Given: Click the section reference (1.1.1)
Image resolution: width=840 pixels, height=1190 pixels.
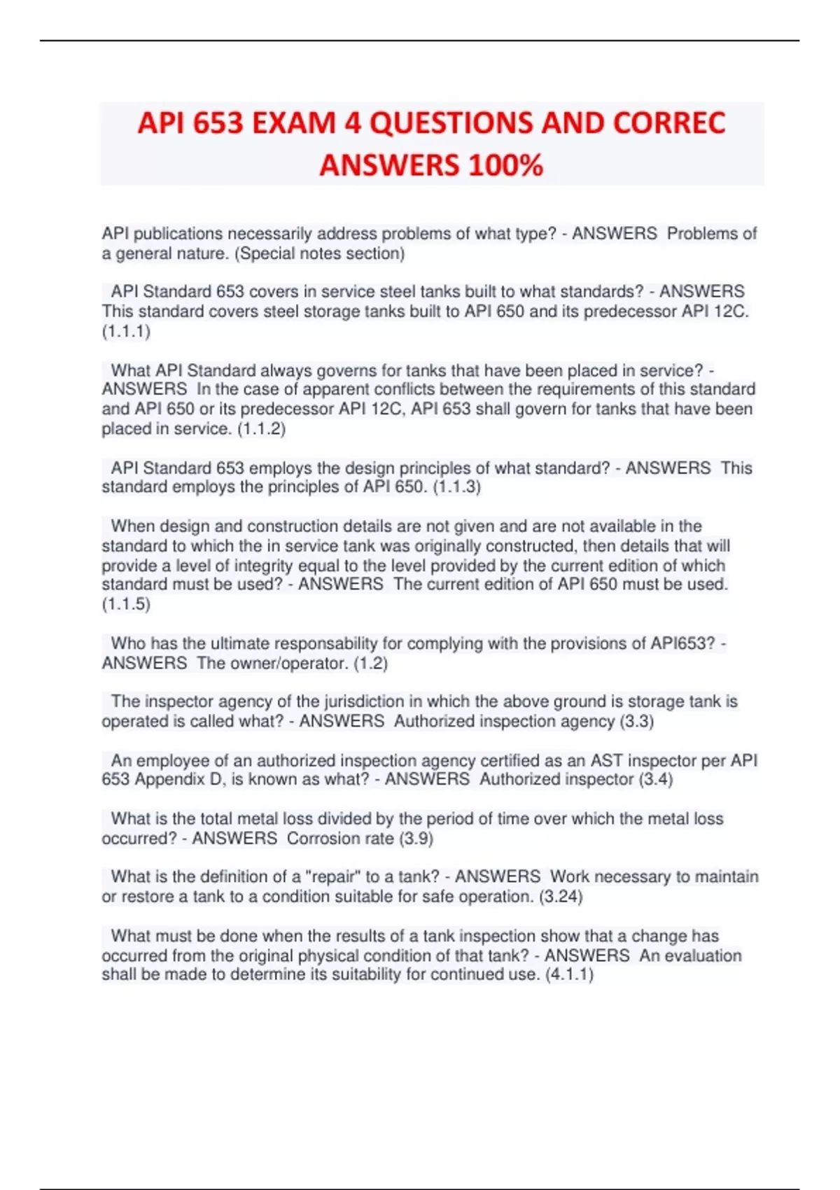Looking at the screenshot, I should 126,331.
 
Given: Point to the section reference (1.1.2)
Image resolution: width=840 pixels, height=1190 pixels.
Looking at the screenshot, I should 261,428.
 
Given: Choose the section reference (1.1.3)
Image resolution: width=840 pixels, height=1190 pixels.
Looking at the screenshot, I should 456,486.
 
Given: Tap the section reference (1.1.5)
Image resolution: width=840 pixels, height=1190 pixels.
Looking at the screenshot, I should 126,604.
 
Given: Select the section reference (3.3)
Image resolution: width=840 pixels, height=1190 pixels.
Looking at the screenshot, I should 636,721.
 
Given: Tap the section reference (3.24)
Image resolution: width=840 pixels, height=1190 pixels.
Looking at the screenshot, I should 561,896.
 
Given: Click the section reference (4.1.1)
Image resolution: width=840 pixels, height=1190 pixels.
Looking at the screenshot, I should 569,974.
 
